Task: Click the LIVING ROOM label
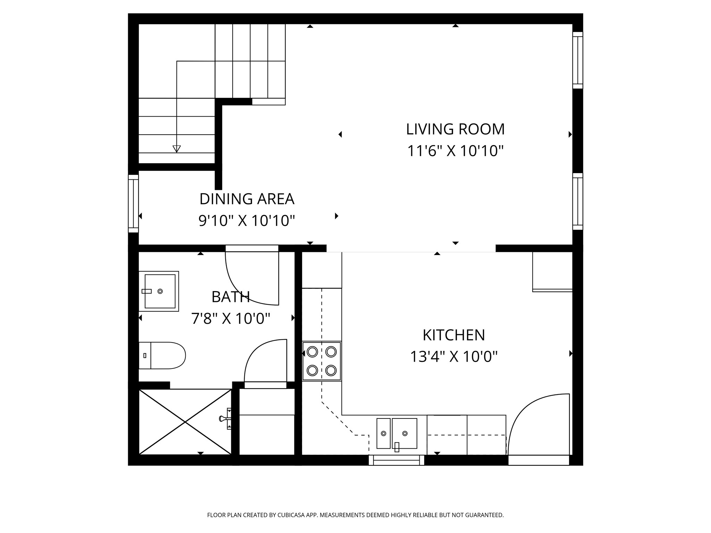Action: (455, 129)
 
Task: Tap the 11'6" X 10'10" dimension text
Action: (455, 151)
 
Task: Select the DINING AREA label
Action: (247, 199)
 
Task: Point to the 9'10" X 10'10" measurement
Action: (247, 221)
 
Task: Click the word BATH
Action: (231, 297)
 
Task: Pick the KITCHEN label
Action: (454, 335)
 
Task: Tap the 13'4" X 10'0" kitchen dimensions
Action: (454, 357)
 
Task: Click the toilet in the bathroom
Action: (162, 355)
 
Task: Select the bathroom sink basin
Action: (160, 291)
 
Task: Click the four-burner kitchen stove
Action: (321, 361)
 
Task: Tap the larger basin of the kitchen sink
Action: (404, 433)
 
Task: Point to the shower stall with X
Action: (185, 422)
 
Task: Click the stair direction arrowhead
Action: (177, 149)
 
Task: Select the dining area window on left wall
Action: (133, 203)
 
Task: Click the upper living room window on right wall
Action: (578, 60)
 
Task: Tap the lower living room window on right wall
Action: (578, 201)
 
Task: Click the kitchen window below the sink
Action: (396, 460)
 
